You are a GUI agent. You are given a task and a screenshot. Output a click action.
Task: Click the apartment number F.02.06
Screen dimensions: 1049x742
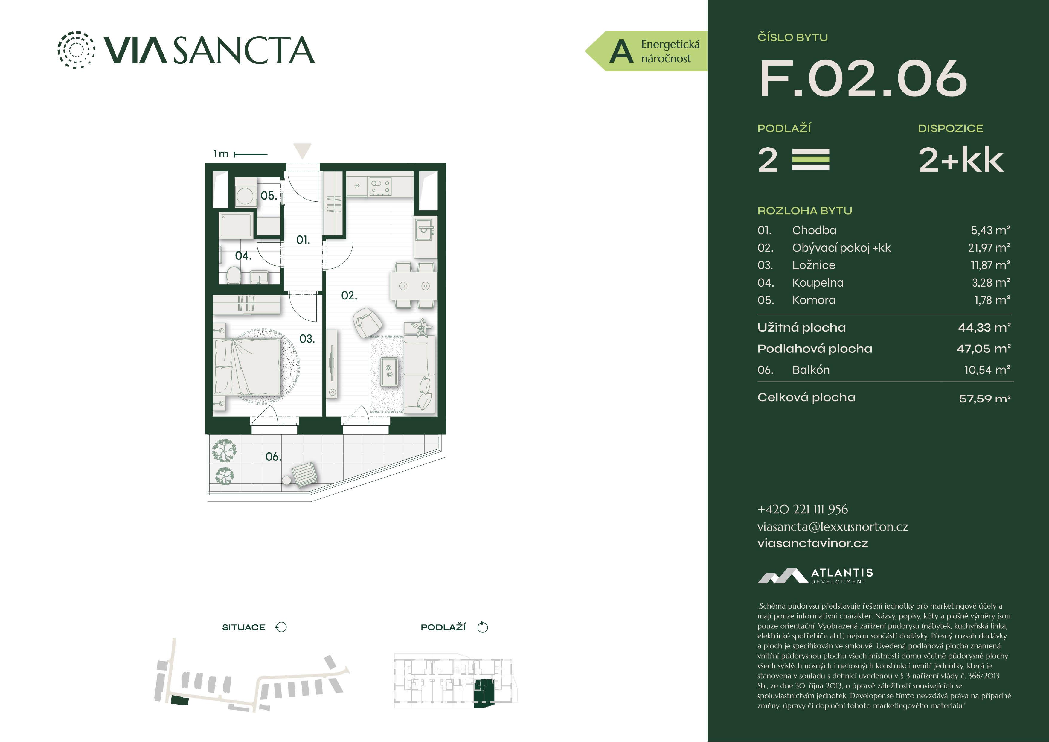[x=863, y=79]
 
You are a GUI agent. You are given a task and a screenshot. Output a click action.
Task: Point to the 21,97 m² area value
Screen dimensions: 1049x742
[x=989, y=248]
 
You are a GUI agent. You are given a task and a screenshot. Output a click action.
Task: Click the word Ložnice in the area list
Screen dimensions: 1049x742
[x=813, y=265]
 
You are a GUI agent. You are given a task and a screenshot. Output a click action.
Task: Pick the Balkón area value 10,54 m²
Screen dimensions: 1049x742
[x=987, y=370]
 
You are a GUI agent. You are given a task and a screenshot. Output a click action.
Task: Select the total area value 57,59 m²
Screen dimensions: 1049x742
[x=985, y=399]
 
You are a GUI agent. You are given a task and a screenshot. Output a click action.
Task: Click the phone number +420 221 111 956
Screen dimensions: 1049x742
[x=802, y=509]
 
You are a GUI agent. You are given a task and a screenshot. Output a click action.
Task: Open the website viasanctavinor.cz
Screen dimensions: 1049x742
[x=812, y=543]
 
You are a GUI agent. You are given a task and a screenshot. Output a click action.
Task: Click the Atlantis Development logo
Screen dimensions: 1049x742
[x=815, y=576]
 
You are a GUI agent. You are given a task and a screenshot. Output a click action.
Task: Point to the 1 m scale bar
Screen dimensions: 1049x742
[x=250, y=154]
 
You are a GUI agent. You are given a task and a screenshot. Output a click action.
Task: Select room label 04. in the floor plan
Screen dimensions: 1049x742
[x=243, y=256]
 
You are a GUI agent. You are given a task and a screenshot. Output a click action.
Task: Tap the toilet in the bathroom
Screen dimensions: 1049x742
[x=234, y=275]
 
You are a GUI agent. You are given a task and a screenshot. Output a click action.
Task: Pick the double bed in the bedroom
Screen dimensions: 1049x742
[x=247, y=367]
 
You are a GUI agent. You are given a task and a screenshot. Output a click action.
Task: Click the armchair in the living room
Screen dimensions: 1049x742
[x=367, y=322]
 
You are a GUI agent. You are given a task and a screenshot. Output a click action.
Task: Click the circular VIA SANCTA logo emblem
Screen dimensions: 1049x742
[x=76, y=50]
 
